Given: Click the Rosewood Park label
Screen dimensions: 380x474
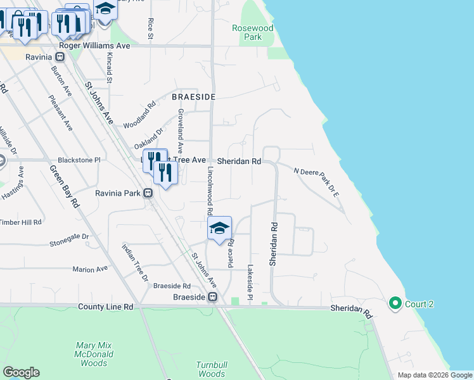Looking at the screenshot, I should click(x=252, y=32).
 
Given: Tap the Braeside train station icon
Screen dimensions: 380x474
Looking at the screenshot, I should click(x=213, y=297).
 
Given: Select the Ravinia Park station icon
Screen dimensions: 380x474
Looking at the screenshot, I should click(x=148, y=193).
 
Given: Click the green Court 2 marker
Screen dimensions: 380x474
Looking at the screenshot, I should click(x=396, y=304).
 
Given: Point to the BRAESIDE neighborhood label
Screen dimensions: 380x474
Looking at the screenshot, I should click(x=194, y=97).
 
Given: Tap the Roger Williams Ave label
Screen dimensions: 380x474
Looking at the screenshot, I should click(x=94, y=46).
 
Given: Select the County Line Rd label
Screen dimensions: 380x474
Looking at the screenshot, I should click(x=106, y=307).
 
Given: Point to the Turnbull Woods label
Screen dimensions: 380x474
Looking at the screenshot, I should click(x=211, y=369).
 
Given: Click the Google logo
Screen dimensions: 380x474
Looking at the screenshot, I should click(x=21, y=372).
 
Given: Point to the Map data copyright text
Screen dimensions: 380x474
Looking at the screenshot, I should click(x=434, y=375).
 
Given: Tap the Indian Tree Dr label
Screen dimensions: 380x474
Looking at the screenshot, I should click(x=134, y=263).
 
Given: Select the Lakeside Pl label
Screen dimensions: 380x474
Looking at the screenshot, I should click(x=250, y=282).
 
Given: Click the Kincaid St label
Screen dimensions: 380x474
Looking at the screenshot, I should click(x=109, y=68).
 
